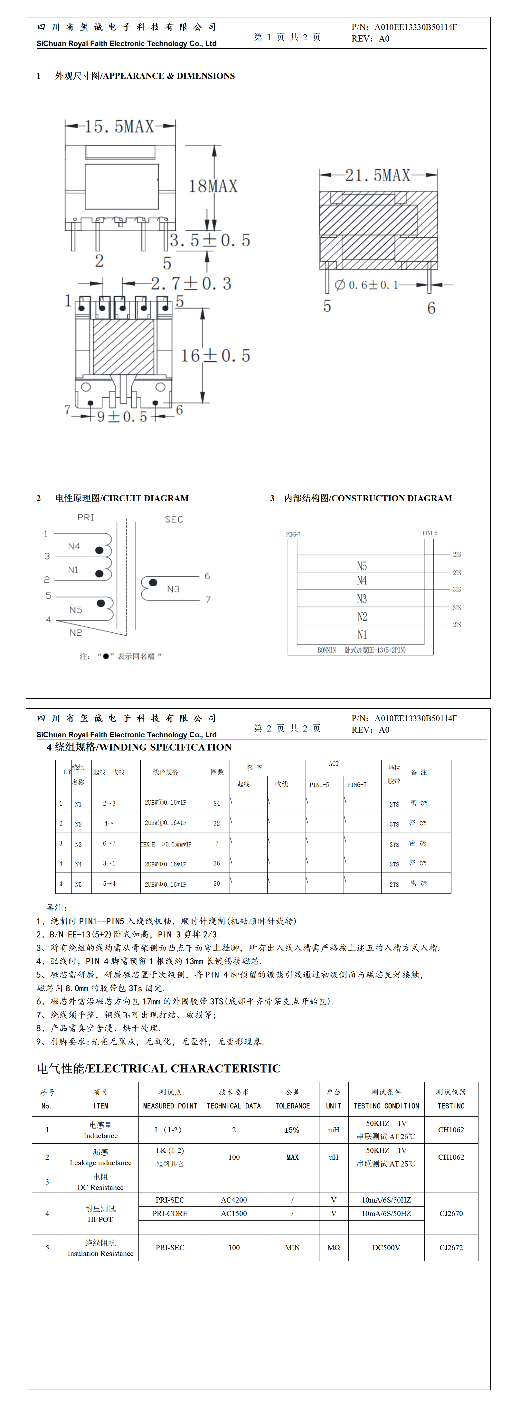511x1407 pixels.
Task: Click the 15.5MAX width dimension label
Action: (120, 127)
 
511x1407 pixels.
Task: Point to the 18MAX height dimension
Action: (213, 186)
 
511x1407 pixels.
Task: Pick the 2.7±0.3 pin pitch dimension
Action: (191, 283)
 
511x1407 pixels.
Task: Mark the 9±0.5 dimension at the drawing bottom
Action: (122, 417)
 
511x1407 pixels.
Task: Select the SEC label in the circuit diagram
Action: (174, 519)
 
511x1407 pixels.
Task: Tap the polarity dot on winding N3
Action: (153, 582)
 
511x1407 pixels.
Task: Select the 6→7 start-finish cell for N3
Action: (109, 843)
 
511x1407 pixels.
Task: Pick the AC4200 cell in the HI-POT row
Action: (234, 1200)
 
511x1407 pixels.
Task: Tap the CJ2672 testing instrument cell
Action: (451, 1248)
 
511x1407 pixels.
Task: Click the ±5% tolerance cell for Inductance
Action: (292, 1130)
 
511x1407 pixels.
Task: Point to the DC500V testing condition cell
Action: (386, 1248)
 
